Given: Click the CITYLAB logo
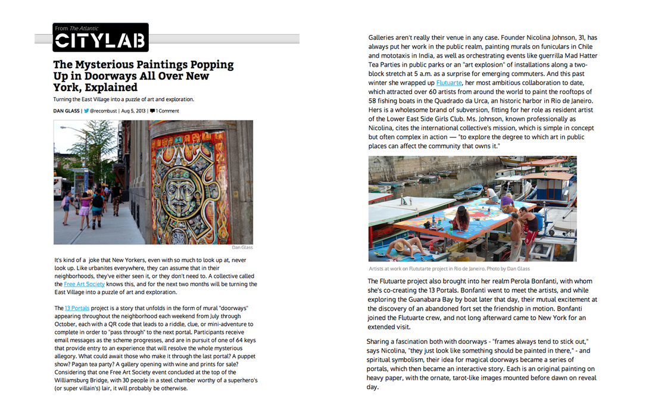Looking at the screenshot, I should click(x=100, y=40).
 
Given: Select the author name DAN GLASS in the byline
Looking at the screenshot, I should click(x=67, y=111).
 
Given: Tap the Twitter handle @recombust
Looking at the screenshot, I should click(x=102, y=111).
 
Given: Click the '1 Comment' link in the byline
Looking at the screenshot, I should click(x=165, y=111).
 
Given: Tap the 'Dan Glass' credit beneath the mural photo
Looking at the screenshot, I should click(x=242, y=247).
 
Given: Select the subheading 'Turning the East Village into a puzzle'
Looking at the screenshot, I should click(x=123, y=99).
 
